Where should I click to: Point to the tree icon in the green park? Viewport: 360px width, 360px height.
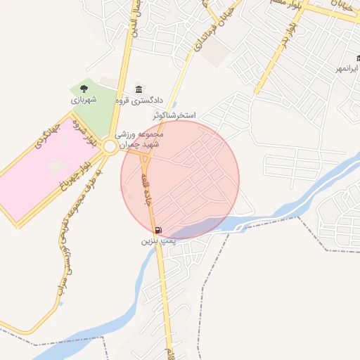tap(84, 89)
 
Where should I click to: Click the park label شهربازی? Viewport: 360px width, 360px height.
tap(82, 100)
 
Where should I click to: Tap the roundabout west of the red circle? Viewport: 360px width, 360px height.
tap(110, 147)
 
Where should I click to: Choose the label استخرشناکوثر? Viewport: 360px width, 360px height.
tap(175, 114)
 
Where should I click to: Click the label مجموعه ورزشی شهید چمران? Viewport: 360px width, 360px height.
tap(141, 139)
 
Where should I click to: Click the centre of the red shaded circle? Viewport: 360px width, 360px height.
tap(180, 180)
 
